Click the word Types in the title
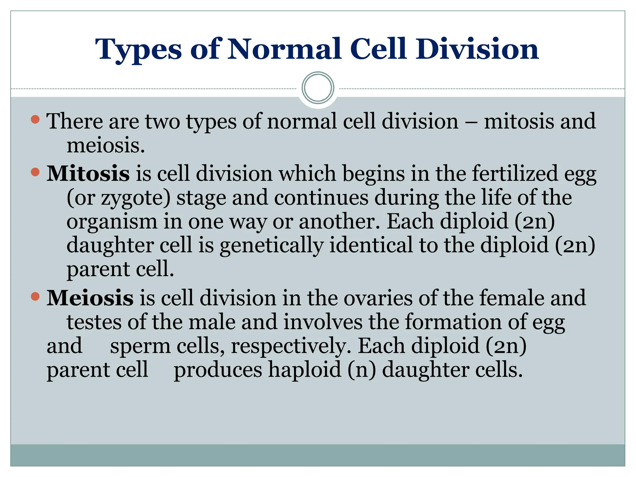click(138, 50)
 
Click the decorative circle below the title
click(318, 88)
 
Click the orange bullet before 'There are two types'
click(35, 119)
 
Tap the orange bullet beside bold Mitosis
click(35, 172)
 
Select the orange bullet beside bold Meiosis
click(35, 296)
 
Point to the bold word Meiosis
click(90, 298)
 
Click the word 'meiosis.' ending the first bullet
click(106, 145)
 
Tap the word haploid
click(305, 370)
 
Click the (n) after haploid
click(361, 370)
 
